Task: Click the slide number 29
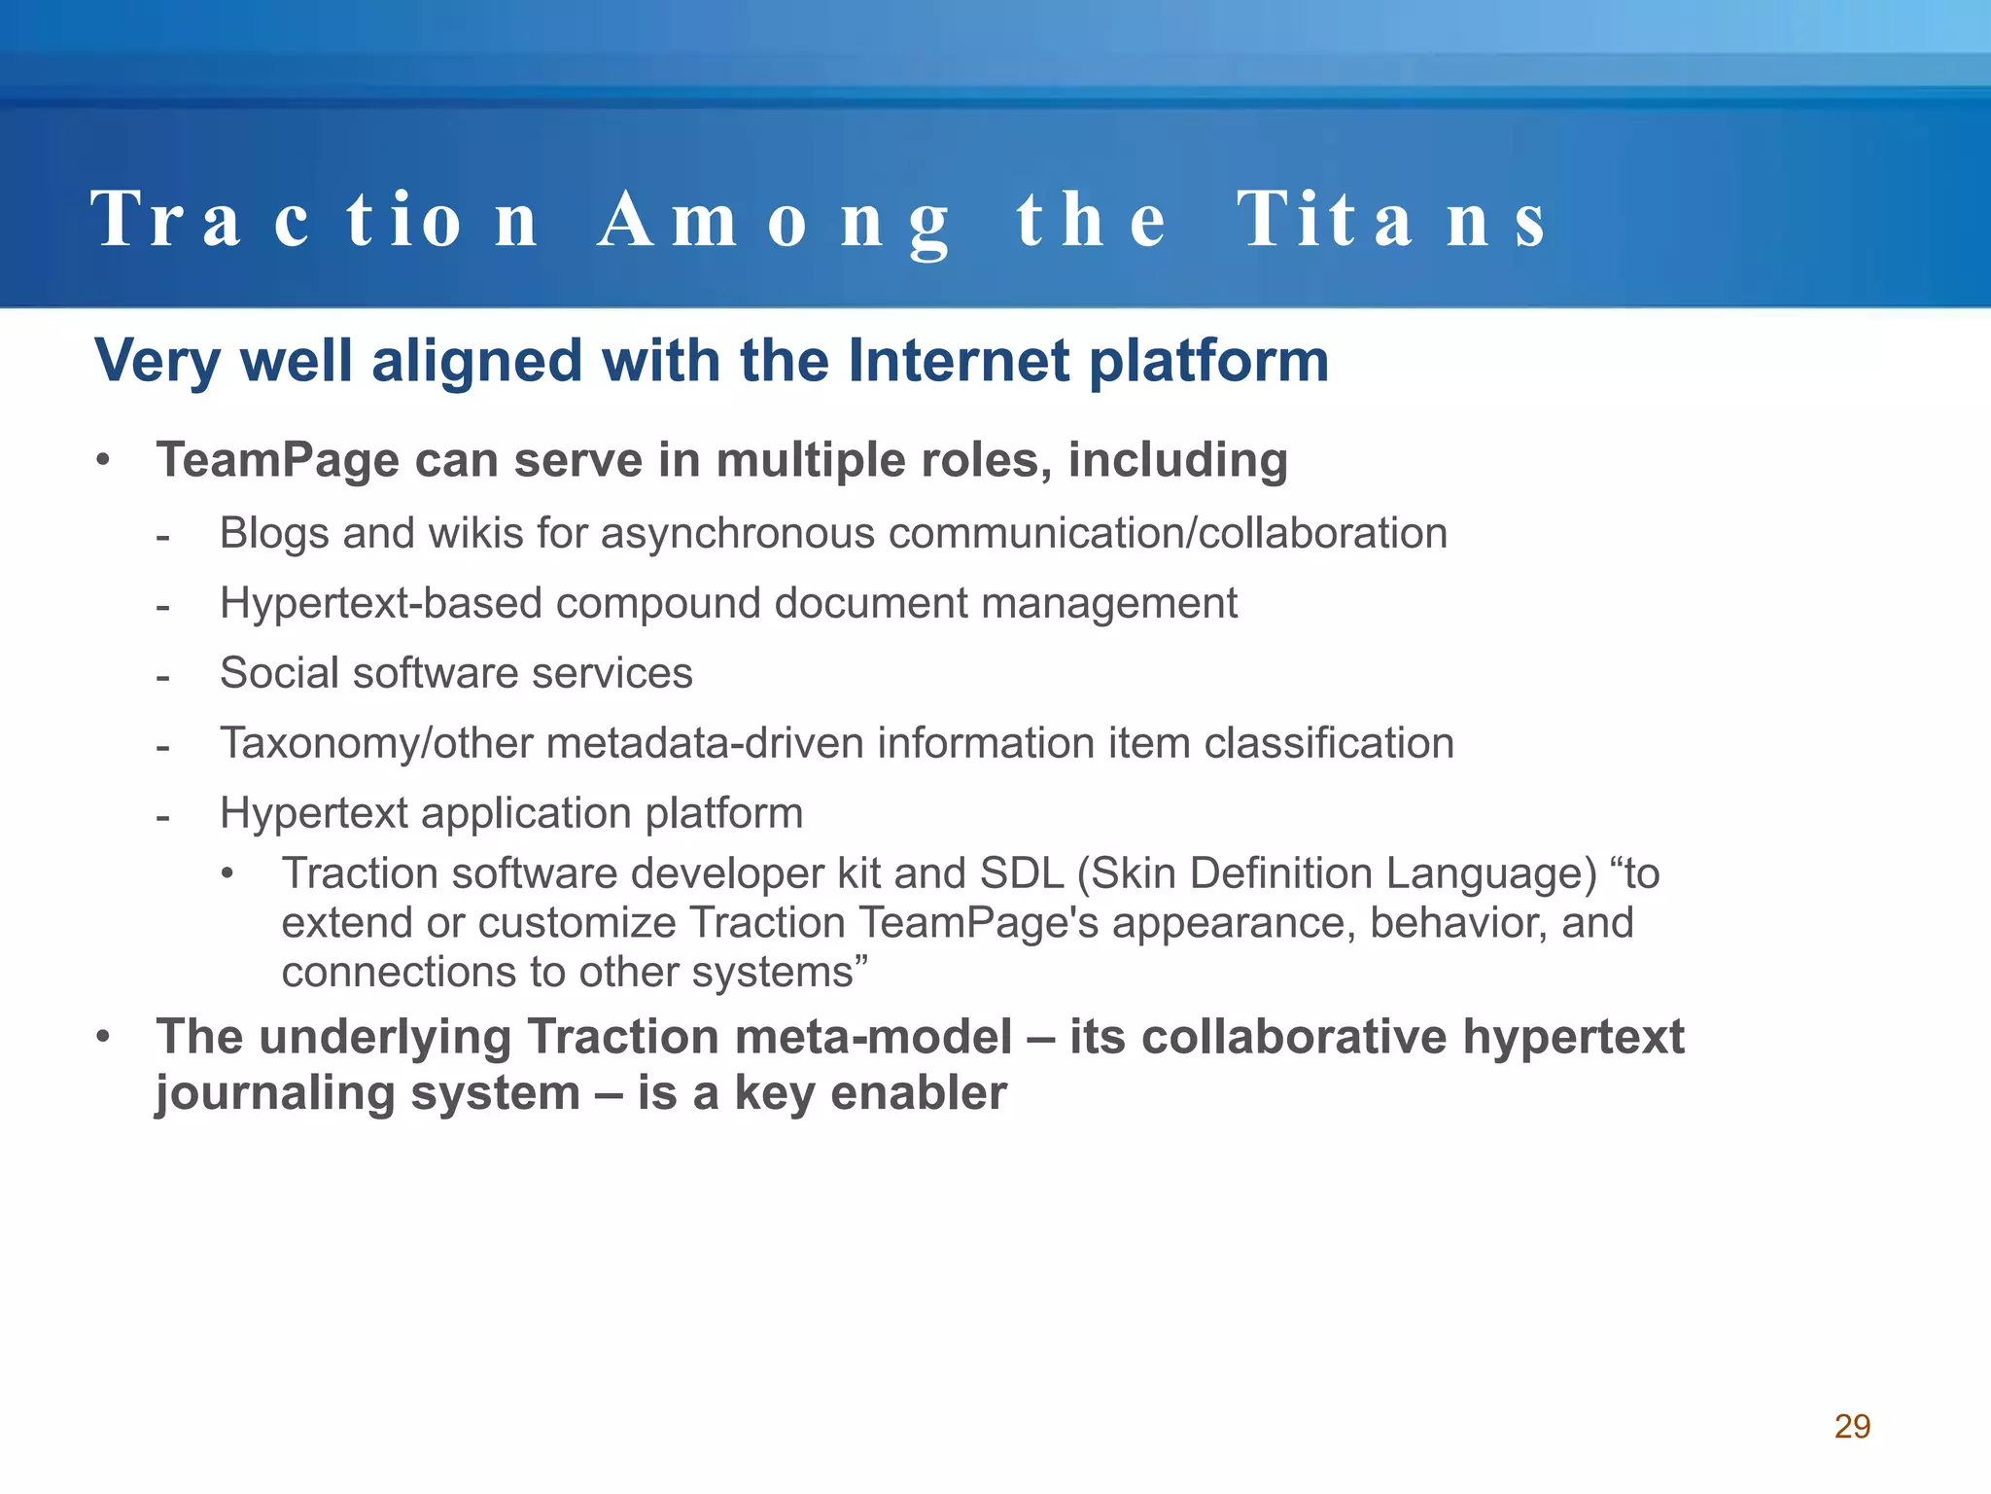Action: (x=1852, y=1426)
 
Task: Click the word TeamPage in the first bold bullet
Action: (x=278, y=460)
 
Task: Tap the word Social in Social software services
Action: (x=279, y=673)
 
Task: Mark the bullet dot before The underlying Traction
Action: (x=103, y=1037)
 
